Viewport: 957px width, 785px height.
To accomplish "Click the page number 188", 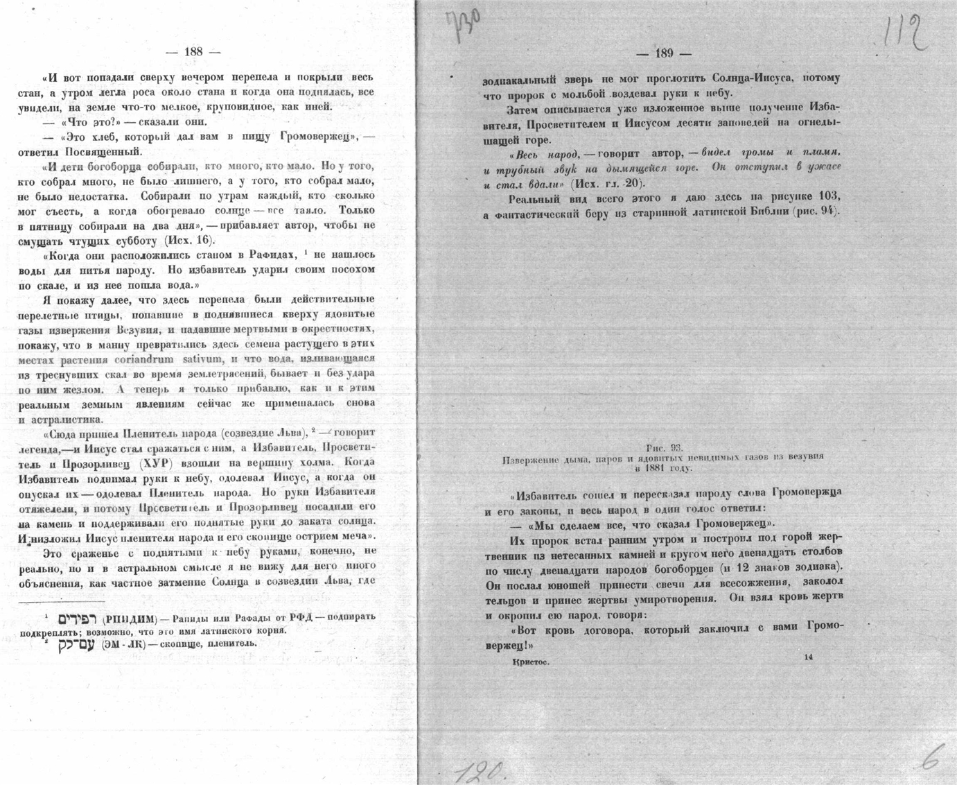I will tap(193, 51).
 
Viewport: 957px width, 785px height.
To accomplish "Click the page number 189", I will tap(664, 53).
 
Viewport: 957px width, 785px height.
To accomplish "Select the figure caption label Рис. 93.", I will tap(664, 449).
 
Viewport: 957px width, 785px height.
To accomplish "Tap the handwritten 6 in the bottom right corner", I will tap(931, 761).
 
